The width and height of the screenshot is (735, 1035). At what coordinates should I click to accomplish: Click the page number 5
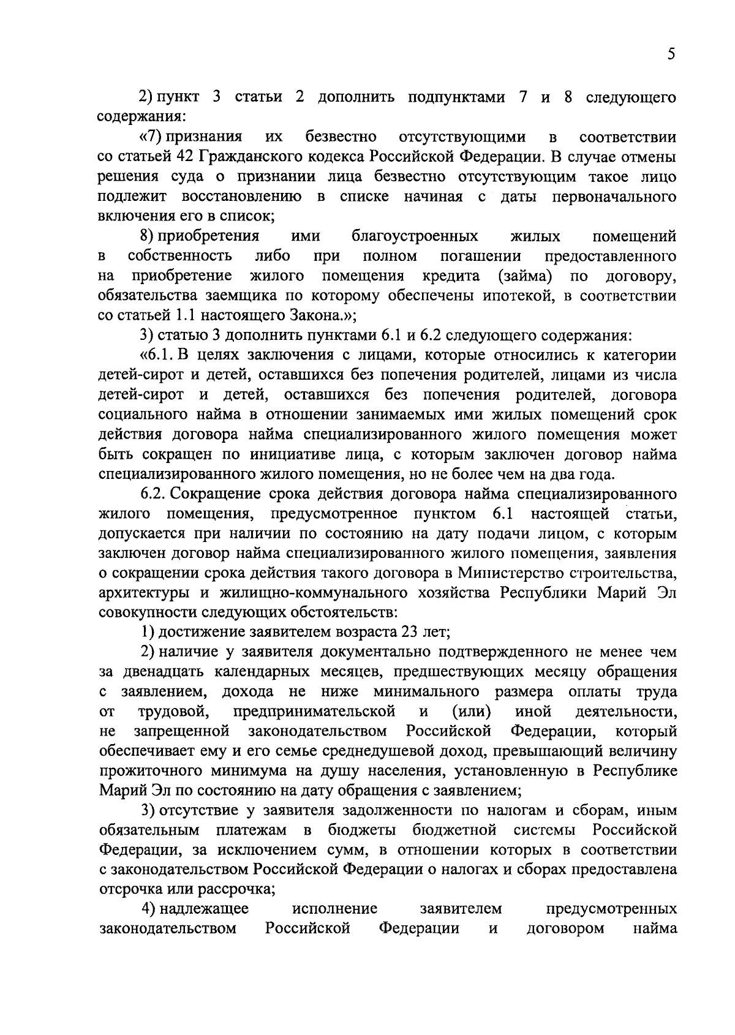672,54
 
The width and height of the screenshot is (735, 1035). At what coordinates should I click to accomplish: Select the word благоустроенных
415,236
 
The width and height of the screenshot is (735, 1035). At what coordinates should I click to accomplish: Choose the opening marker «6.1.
158,355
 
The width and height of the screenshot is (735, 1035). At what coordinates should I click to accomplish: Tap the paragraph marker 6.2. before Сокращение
157,494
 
